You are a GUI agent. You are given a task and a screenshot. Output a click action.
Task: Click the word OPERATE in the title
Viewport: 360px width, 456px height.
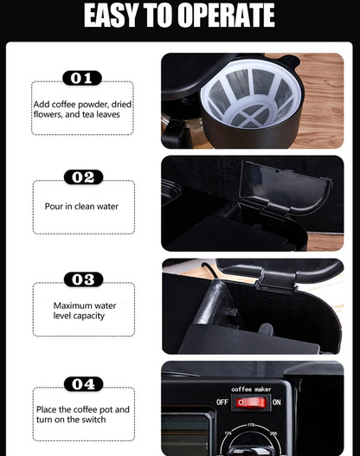[x=226, y=15]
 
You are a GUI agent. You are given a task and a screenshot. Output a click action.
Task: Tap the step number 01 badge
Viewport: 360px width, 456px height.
[x=82, y=78]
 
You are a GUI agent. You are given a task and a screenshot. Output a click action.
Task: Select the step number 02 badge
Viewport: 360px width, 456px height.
[x=83, y=177]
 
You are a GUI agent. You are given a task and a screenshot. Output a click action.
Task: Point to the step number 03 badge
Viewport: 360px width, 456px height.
[x=83, y=279]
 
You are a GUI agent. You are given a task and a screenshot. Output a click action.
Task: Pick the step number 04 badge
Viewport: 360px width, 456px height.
[x=83, y=384]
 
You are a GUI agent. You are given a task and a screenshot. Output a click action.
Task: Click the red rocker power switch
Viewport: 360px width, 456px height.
[x=251, y=402]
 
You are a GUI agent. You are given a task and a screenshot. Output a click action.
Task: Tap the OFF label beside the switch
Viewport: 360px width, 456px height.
[x=222, y=402]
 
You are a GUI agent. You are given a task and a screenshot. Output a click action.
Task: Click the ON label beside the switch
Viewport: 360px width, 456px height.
[x=277, y=402]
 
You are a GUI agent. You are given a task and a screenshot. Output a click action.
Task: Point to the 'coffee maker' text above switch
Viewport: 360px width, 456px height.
[x=251, y=389]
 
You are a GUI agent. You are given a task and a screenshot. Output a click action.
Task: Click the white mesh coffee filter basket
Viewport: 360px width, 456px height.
[x=251, y=93]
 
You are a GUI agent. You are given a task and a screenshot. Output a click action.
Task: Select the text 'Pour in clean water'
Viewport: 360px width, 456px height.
[x=81, y=207]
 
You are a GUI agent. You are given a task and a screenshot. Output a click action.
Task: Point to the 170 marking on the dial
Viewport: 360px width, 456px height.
[x=251, y=425]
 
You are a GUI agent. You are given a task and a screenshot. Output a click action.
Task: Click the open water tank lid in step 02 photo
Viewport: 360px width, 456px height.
[x=285, y=183]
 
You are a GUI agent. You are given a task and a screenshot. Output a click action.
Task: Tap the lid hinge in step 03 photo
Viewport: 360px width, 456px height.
[x=276, y=281]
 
